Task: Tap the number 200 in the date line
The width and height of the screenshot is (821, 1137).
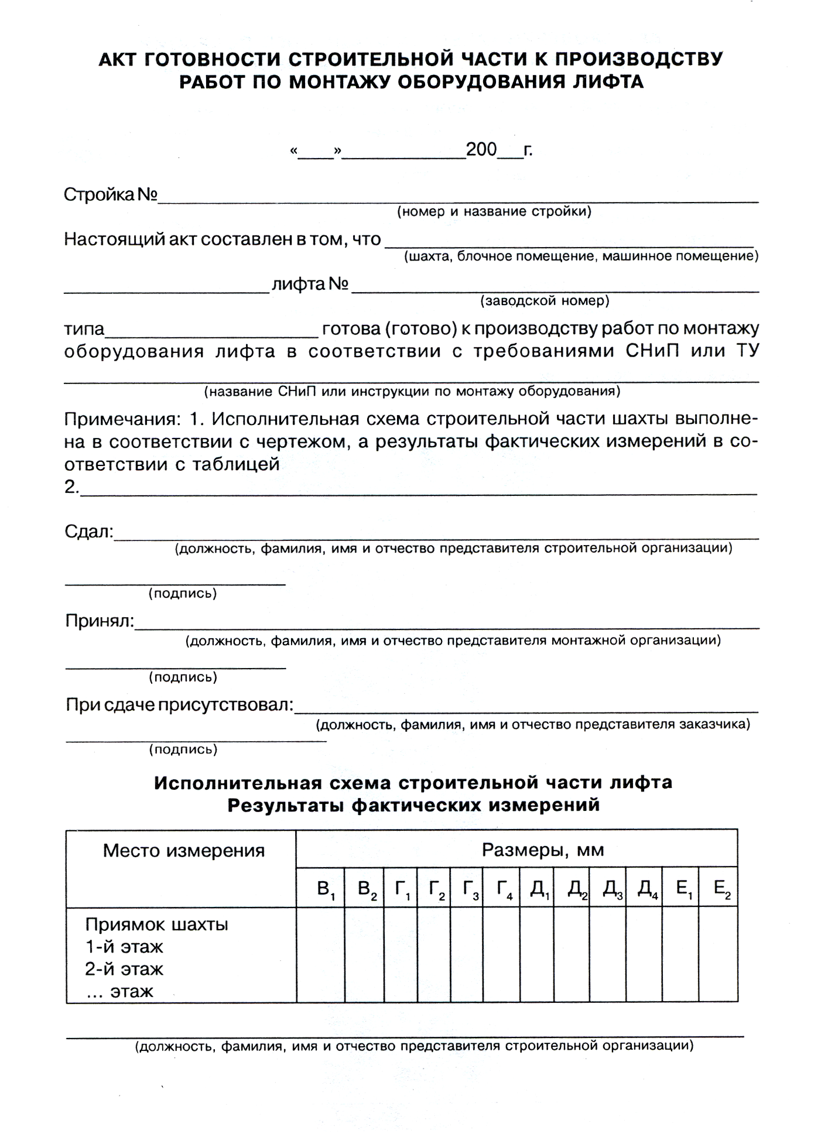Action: (481, 150)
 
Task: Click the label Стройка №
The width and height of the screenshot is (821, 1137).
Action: (110, 195)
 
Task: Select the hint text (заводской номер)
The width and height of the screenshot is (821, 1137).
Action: (545, 301)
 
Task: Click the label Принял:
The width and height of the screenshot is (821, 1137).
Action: (100, 621)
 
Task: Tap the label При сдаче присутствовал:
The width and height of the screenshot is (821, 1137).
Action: (179, 704)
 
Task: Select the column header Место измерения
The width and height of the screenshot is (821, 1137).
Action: (184, 850)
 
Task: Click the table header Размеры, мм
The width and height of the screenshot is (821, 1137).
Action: (542, 850)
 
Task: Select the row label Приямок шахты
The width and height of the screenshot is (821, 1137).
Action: (156, 924)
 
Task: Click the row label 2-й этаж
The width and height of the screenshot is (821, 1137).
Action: (124, 969)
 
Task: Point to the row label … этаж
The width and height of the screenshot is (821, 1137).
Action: (119, 991)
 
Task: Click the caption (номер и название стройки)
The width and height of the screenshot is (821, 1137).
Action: (494, 211)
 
